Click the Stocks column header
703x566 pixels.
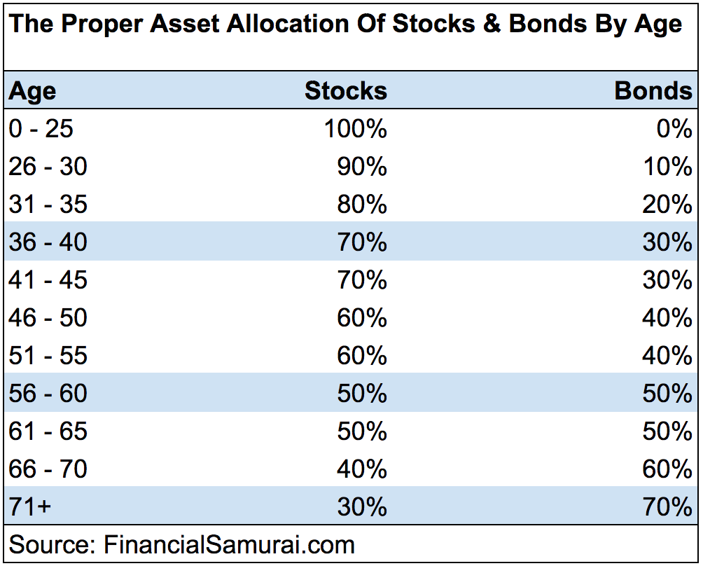346,90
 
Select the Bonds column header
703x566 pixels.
653,90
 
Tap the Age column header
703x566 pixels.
32,92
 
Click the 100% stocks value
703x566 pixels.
356,129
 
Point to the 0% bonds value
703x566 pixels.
674,129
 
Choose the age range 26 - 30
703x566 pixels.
48,167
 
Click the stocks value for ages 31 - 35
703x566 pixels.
362,205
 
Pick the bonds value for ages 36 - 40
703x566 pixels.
667,242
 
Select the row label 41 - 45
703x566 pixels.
48,280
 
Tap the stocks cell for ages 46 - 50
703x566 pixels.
362,318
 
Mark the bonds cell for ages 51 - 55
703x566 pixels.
667,356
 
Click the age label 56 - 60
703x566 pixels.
48,394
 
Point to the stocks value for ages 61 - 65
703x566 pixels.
362,432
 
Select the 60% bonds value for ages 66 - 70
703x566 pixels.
667,469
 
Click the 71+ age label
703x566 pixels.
30,506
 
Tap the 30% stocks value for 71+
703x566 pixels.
362,506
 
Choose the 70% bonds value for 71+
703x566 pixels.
667,506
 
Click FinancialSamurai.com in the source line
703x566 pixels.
229,545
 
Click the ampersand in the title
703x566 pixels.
492,23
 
